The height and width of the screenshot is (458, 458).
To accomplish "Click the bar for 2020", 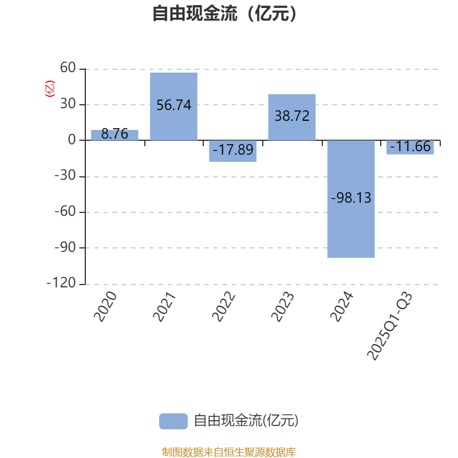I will pos(114,135).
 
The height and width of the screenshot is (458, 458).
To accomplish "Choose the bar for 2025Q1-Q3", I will pos(410,147).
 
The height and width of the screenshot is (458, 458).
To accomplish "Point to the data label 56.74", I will pos(173,105).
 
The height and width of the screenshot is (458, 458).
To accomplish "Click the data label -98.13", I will pos(351,198).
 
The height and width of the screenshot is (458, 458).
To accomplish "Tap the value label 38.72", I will pos(292,116).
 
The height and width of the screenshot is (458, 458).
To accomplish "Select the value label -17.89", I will pos(232,150).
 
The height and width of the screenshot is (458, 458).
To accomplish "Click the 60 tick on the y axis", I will pos(68,69).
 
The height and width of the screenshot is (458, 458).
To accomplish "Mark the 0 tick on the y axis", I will pos(72,140).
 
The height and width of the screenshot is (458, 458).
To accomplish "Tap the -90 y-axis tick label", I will pos(64,248).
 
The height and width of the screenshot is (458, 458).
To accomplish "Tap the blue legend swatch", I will pos(173,421).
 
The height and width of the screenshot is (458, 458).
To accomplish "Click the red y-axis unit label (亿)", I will pos(50,88).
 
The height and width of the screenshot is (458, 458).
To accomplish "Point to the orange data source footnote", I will pos(228,452).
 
